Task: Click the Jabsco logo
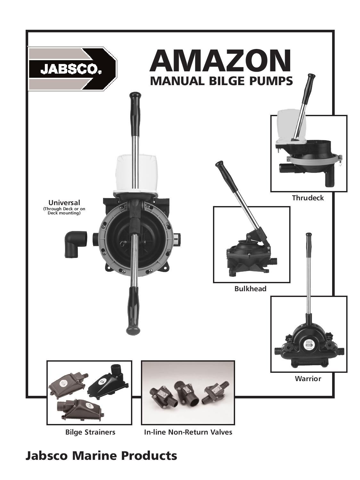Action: tap(72, 68)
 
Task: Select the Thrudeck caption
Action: tap(308, 198)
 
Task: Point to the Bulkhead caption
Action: tap(250, 289)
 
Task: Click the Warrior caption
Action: tap(308, 379)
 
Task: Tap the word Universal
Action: tap(64, 203)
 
